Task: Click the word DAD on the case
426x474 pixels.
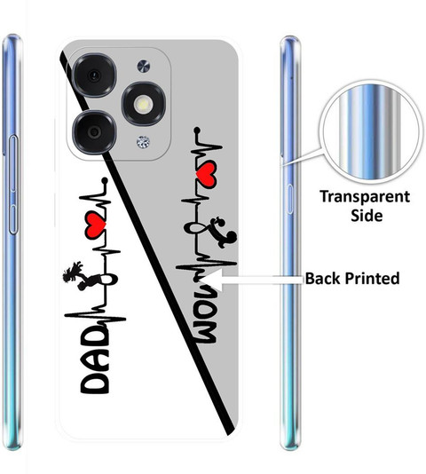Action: (x=95, y=360)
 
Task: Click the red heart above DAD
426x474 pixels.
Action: (x=95, y=225)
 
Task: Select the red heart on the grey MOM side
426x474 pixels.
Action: (x=207, y=174)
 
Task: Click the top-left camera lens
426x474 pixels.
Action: (x=95, y=75)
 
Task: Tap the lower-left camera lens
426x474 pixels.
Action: (x=95, y=132)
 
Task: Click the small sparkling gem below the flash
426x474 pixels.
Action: (x=143, y=142)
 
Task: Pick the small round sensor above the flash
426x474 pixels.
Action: (x=144, y=67)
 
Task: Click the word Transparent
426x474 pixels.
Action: (x=365, y=196)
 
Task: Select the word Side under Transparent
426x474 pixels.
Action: (x=367, y=216)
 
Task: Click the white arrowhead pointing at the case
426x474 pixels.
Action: (x=212, y=280)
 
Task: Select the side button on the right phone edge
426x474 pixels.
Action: (x=289, y=199)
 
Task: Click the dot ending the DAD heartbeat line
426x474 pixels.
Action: (x=105, y=180)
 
